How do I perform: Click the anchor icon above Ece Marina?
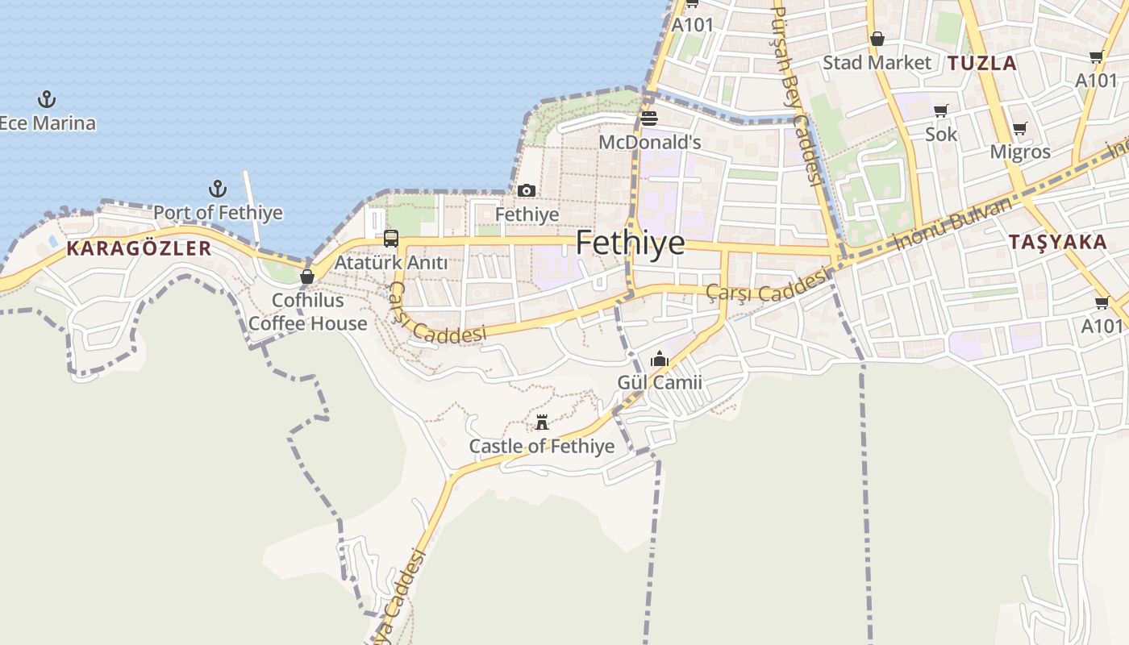coord(47,100)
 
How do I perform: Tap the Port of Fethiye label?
coord(218,213)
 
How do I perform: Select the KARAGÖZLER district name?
coord(139,248)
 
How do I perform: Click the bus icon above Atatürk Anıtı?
coord(391,239)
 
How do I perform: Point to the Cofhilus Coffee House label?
coord(307,312)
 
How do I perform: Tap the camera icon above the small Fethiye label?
coord(527,191)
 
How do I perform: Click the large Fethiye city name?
coord(630,243)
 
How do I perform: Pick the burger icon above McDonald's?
coord(649,119)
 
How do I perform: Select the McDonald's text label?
coord(649,143)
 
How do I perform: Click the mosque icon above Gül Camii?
coord(660,359)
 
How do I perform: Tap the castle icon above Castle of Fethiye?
coord(542,422)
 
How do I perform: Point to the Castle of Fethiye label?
coord(542,447)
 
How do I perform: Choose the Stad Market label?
coord(877,63)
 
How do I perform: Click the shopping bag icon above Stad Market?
coord(877,39)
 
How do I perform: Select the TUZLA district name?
coord(981,63)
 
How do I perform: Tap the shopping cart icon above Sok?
coord(940,111)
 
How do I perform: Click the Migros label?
coord(1020,152)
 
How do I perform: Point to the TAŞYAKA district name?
coord(1057,242)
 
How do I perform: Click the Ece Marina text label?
coord(48,123)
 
